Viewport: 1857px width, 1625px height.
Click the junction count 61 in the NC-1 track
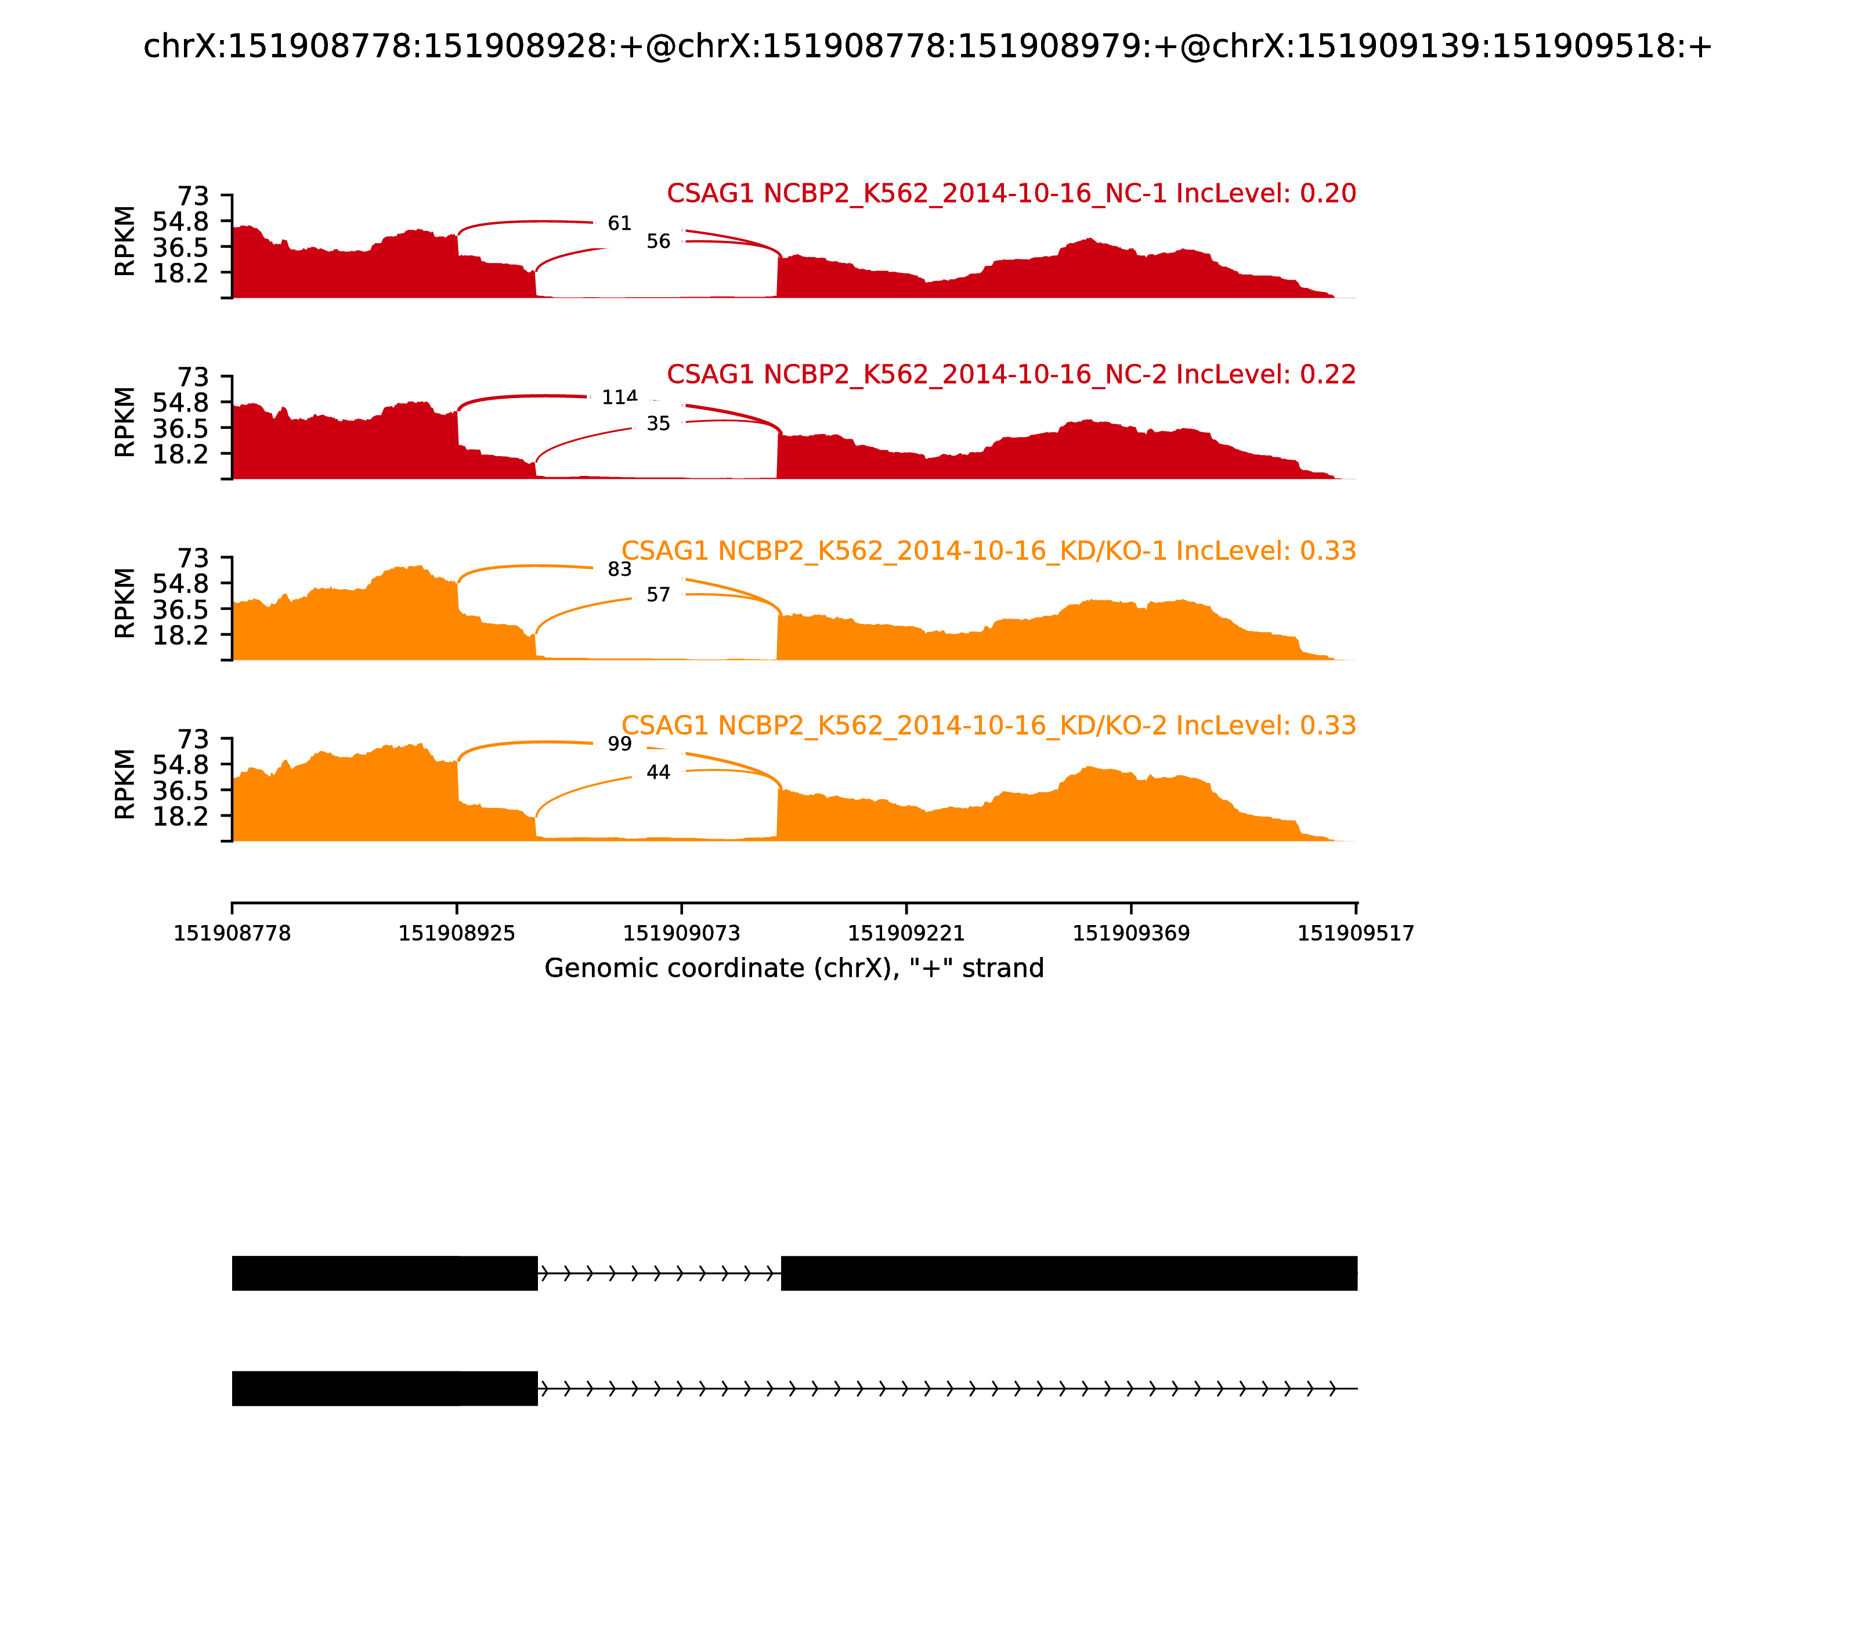[x=619, y=223]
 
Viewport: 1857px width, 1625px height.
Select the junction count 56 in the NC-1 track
[x=658, y=241]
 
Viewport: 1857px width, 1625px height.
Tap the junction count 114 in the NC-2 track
[x=619, y=397]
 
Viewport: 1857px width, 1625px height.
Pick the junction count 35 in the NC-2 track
[x=658, y=424]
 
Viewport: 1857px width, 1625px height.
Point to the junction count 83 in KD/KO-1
[x=619, y=569]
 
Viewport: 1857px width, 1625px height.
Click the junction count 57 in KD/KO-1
[x=658, y=595]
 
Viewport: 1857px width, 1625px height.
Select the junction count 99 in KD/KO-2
[x=619, y=743]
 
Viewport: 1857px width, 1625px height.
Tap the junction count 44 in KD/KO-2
[x=658, y=772]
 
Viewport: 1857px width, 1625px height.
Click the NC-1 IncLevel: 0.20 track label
[x=1011, y=193]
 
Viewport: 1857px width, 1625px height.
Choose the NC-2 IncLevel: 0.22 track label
[x=1011, y=374]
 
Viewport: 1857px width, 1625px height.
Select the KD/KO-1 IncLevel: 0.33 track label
[x=988, y=550]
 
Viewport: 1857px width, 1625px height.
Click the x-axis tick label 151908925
[x=457, y=934]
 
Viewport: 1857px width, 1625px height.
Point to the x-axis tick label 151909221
[x=906, y=934]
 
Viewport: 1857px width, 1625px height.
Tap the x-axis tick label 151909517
[x=1356, y=934]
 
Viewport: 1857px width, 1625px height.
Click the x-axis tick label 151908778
[x=232, y=934]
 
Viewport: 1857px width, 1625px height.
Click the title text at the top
[x=927, y=46]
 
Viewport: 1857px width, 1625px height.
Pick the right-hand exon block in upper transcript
[x=1069, y=1273]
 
